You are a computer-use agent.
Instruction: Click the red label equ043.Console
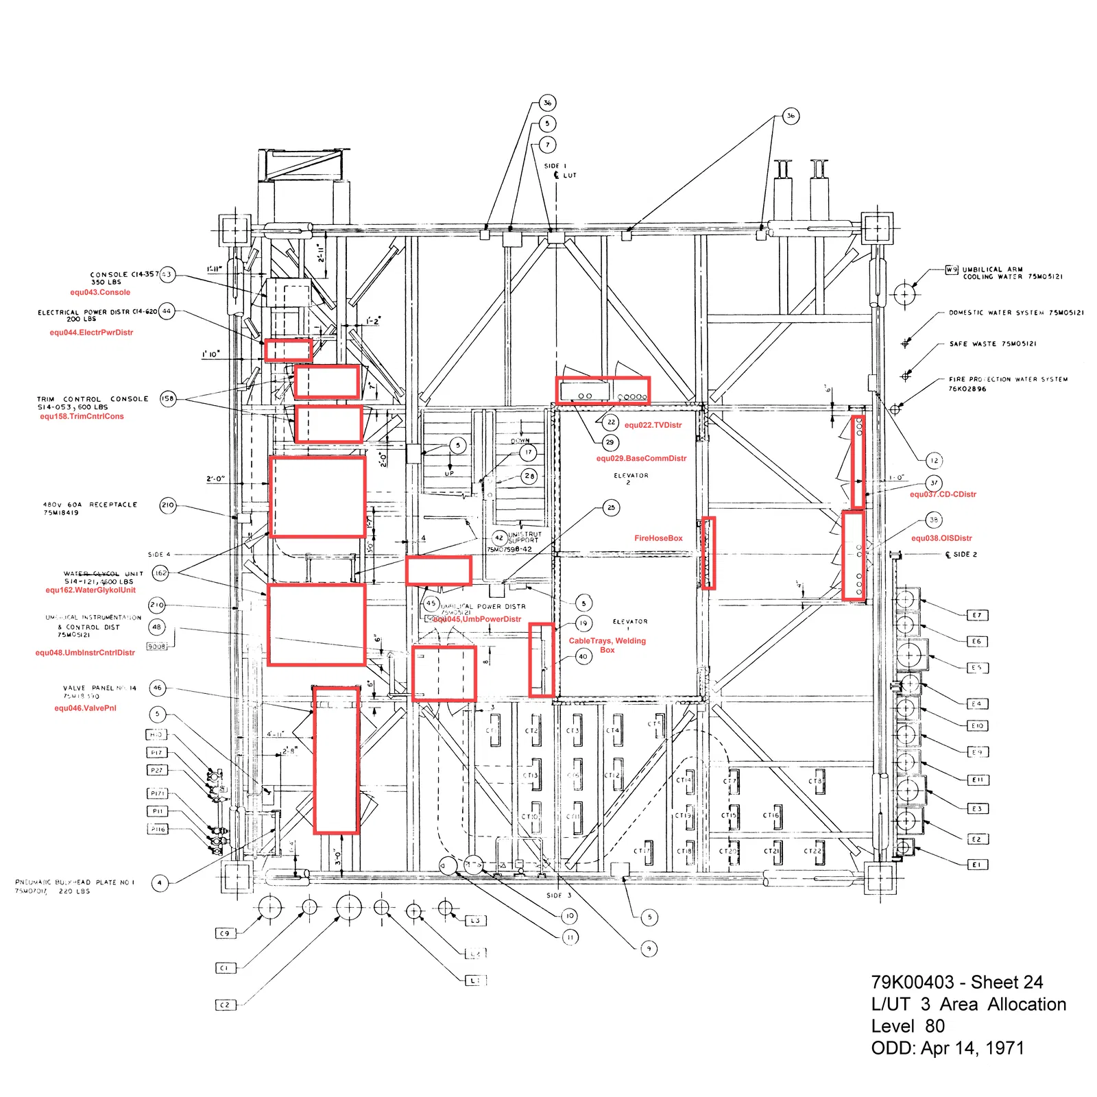(100, 292)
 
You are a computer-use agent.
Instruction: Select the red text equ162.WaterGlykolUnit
(91, 590)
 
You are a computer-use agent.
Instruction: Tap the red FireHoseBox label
(658, 538)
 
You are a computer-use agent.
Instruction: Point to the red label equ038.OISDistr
(941, 538)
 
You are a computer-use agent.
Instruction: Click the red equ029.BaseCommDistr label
(641, 459)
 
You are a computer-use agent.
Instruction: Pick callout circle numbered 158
(168, 398)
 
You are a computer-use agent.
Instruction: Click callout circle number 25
(611, 507)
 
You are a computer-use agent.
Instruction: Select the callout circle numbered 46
(158, 688)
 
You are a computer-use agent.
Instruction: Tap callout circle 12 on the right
(934, 461)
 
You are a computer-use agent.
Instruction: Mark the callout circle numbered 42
(499, 538)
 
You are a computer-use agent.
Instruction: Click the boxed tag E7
(977, 615)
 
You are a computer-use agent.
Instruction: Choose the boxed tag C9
(224, 933)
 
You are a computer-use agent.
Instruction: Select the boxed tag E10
(977, 725)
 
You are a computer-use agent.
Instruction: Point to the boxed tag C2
(224, 1005)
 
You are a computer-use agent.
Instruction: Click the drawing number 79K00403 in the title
(913, 983)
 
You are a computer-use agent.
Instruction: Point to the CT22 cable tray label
(812, 851)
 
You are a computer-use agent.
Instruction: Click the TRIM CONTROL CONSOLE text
(93, 399)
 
